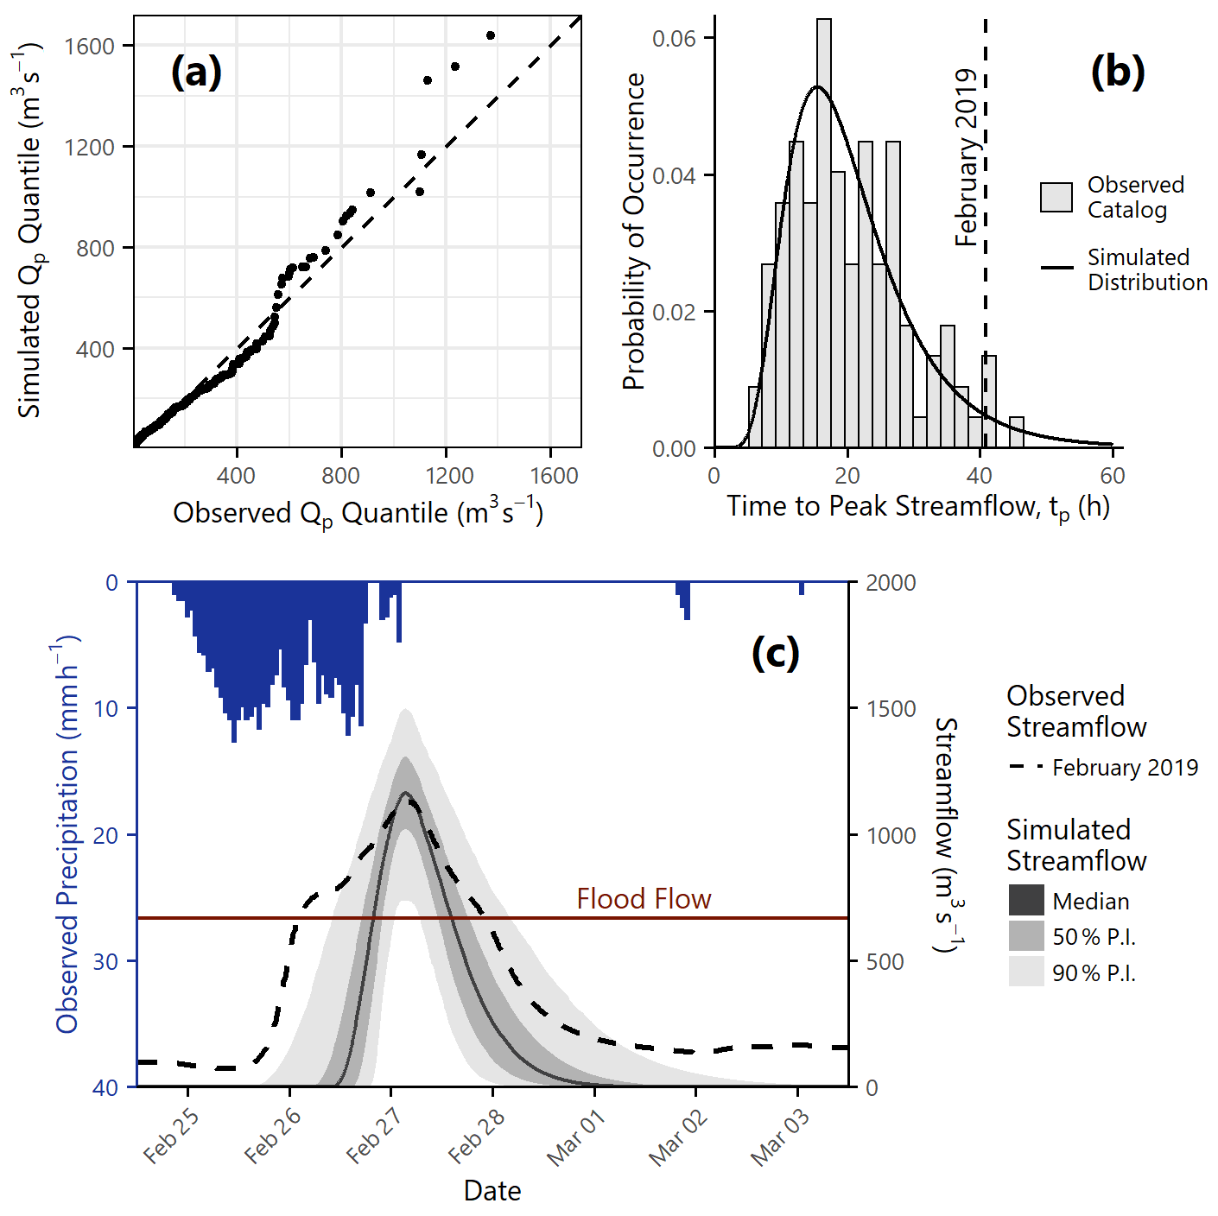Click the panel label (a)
coord(196,71)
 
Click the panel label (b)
coord(1118,71)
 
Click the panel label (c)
coord(775,653)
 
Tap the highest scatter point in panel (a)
coord(491,35)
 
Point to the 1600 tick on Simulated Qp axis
coord(90,46)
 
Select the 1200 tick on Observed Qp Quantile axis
coord(448,475)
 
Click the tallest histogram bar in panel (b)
coord(824,233)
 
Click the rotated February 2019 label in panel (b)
coord(966,158)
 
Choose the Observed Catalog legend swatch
coord(1056,197)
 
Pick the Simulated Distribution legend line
coord(1056,269)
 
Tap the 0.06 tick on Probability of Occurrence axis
coord(673,38)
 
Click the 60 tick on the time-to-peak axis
coord(1113,475)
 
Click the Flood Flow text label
coord(644,899)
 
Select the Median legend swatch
coord(1026,901)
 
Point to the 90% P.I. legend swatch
coord(1026,972)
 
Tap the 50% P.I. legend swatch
coord(1026,936)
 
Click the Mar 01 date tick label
coord(576,1137)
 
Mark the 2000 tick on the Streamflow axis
coord(891,583)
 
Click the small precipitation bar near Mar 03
coord(802,588)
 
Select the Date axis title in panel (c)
coord(492,1190)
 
